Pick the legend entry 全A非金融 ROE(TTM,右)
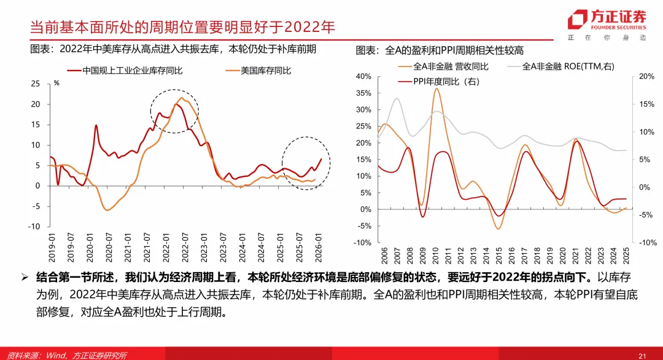[568, 66]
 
